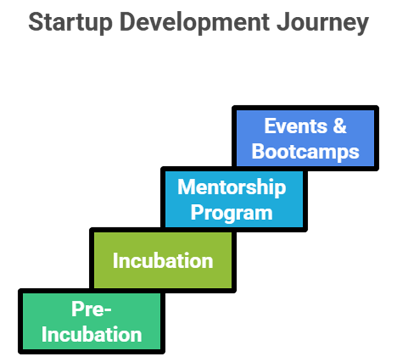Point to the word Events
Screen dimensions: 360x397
click(291, 126)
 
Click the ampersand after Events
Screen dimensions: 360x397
click(338, 126)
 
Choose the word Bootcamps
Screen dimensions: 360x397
click(305, 151)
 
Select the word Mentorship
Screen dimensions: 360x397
click(232, 187)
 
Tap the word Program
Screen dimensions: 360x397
click(232, 213)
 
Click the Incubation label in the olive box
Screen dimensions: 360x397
click(163, 261)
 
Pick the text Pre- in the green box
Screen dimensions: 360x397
click(91, 309)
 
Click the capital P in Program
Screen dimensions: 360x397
click(196, 213)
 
